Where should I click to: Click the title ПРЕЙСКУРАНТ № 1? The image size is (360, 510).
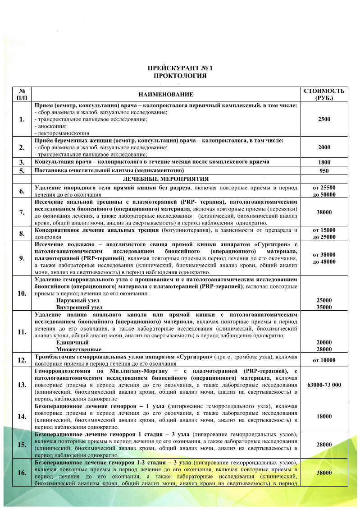[180, 68]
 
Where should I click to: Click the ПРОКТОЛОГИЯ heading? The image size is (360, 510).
[180, 75]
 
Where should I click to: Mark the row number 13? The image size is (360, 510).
[22, 385]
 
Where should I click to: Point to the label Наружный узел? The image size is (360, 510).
[74, 300]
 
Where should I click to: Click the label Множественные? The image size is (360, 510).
[78, 349]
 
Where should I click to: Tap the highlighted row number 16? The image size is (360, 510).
[22, 473]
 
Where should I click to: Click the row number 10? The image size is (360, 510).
[22, 293]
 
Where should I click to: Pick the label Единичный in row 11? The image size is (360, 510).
[72, 342]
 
